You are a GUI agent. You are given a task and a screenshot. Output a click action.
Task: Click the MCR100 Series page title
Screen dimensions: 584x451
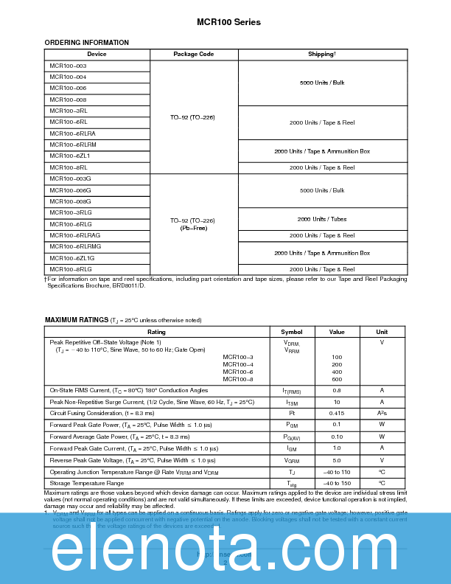tap(228, 22)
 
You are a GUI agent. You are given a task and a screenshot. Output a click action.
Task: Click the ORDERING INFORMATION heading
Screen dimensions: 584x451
tap(87, 43)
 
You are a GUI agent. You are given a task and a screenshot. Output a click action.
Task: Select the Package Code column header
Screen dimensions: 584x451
tap(194, 55)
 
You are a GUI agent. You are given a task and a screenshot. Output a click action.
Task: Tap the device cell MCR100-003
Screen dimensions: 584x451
tap(68, 66)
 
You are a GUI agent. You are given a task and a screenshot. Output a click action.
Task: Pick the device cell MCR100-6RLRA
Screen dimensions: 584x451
tap(72, 133)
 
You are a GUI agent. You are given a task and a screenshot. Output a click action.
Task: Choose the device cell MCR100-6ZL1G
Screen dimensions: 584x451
tap(72, 258)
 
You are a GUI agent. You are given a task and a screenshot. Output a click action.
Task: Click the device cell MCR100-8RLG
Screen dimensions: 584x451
tap(71, 269)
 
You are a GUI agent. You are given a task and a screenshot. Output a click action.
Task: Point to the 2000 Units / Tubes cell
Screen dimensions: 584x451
tap(322, 219)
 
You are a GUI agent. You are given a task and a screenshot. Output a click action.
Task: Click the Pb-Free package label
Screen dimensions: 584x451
tap(193, 228)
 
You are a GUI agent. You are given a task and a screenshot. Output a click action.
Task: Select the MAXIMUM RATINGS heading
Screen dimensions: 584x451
tap(77, 320)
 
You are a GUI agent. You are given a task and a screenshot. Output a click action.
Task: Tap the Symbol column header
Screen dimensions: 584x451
tap(291, 332)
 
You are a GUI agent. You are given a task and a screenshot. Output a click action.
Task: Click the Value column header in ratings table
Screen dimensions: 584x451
tap(337, 332)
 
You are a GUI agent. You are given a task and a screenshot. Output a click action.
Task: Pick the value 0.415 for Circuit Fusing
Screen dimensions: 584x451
tap(337, 414)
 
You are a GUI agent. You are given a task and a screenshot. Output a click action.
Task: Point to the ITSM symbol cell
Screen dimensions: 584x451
tap(291, 403)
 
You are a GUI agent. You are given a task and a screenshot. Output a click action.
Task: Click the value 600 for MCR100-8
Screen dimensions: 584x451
tap(337, 379)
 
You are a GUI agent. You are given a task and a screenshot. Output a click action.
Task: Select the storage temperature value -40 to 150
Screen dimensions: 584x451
tap(337, 483)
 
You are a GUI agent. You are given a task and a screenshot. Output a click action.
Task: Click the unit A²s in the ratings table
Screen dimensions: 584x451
tap(382, 414)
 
